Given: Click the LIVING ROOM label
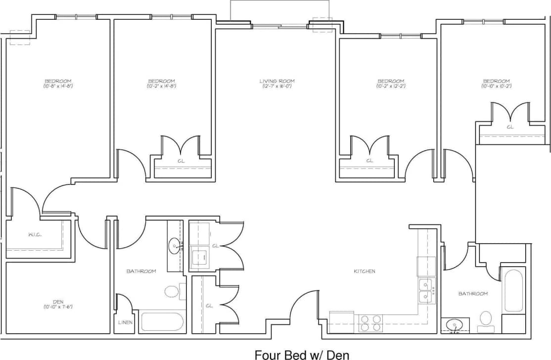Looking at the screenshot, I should [x=277, y=81].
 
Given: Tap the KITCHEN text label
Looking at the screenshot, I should [x=364, y=271].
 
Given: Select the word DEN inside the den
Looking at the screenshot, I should [x=58, y=302].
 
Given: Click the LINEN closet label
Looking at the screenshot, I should [x=124, y=322].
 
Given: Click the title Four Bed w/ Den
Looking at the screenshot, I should [x=302, y=354].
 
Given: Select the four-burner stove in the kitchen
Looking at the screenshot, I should [x=371, y=323].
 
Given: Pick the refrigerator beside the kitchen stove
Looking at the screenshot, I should [x=341, y=322].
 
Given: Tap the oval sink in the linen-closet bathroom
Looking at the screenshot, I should [x=175, y=245].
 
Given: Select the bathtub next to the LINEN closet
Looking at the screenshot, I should [x=162, y=322].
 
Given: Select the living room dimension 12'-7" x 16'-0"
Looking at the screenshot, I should [x=277, y=87].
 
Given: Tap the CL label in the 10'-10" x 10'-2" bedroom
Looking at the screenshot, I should [x=509, y=127].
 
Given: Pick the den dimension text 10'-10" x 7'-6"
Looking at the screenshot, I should [x=58, y=307].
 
